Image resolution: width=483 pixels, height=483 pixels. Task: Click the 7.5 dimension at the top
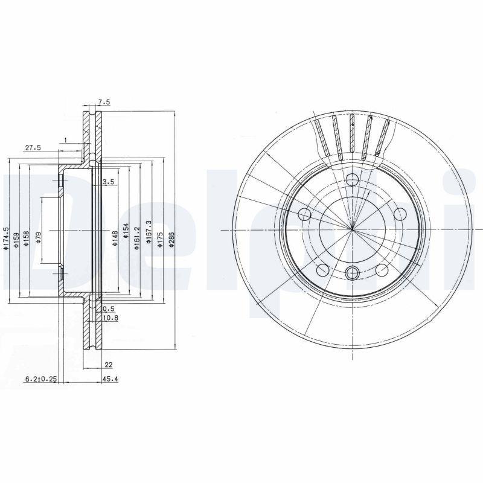coord(103,103)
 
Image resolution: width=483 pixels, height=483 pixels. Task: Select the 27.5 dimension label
coord(33,147)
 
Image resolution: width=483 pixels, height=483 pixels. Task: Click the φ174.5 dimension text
coord(6,238)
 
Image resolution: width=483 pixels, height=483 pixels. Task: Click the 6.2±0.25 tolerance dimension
coord(40,380)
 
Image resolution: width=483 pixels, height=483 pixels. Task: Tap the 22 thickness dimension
coord(108,364)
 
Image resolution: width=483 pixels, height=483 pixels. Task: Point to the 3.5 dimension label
coord(109,182)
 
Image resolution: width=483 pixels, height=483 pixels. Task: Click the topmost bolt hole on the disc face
coord(352,179)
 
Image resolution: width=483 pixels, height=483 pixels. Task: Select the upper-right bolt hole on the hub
coord(399,213)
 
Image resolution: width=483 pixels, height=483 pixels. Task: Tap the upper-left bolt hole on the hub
coord(305,214)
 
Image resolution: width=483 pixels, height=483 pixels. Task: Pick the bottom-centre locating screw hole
coord(352,273)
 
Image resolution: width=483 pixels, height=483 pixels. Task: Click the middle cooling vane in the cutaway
coord(351,134)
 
